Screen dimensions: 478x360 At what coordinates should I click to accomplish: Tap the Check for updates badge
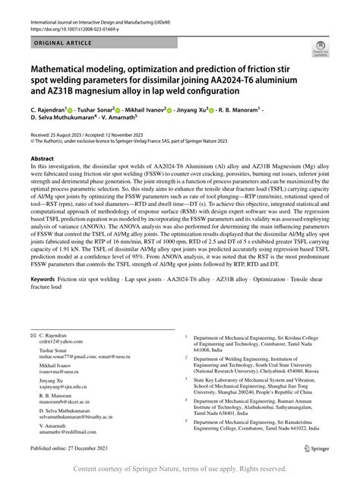point(330,48)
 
